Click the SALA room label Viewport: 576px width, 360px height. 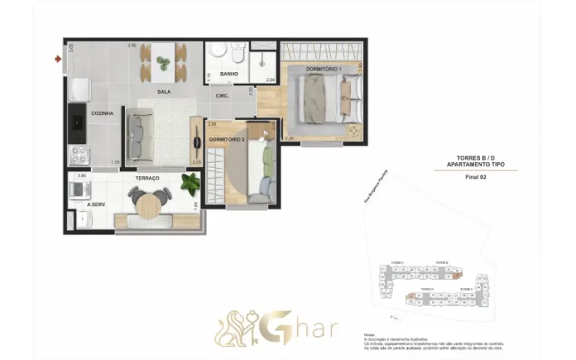point(163,92)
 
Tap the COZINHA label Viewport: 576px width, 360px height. point(102,113)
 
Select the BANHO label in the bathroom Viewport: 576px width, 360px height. point(229,74)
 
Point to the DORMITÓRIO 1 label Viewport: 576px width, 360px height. point(324,70)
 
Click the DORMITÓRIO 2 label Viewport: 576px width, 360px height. point(227,139)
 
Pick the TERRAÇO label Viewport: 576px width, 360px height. point(147,178)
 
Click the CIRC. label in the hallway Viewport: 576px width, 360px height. point(223,96)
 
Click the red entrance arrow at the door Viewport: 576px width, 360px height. point(58,58)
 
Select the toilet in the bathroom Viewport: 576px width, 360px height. point(238,55)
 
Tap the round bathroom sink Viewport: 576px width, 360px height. point(217,51)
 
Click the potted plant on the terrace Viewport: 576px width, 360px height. point(190,182)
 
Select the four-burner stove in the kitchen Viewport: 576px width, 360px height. point(79,155)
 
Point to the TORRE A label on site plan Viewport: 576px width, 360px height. point(396,262)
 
